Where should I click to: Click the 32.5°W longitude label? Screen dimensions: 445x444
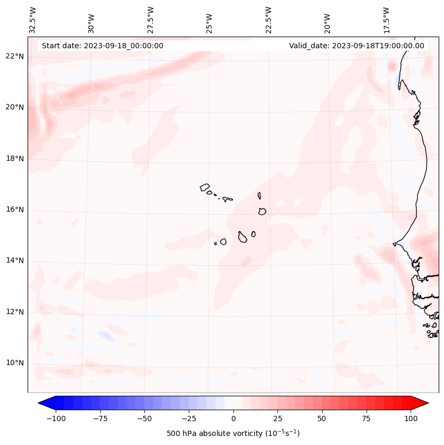point(33,20)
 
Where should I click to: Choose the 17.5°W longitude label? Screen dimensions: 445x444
point(386,20)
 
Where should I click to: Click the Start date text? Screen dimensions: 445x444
point(102,46)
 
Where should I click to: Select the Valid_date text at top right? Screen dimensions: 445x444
point(356,46)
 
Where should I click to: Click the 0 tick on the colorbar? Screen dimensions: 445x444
point(233,418)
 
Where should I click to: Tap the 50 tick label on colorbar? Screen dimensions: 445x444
point(322,418)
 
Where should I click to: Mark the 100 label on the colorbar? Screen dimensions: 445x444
point(411,418)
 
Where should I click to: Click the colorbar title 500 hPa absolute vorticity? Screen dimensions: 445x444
point(233,433)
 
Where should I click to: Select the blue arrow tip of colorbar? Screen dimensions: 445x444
point(43,403)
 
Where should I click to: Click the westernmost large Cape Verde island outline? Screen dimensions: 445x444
point(205,187)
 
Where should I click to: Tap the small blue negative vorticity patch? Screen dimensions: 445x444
point(106,335)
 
